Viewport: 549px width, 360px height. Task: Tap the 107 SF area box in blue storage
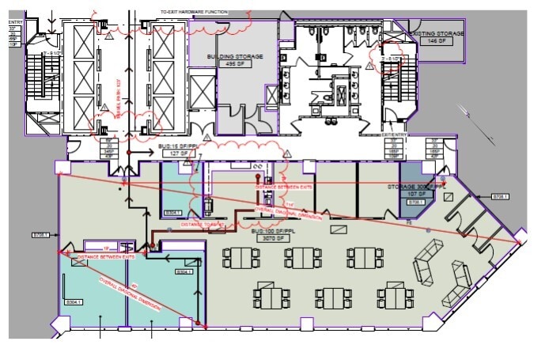pyautogui.click(x=417, y=195)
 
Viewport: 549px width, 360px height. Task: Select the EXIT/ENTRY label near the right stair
pyautogui.click(x=393, y=135)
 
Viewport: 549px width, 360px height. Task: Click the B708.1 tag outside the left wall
pyautogui.click(x=41, y=234)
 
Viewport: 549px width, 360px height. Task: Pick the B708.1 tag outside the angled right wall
pyautogui.click(x=501, y=195)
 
